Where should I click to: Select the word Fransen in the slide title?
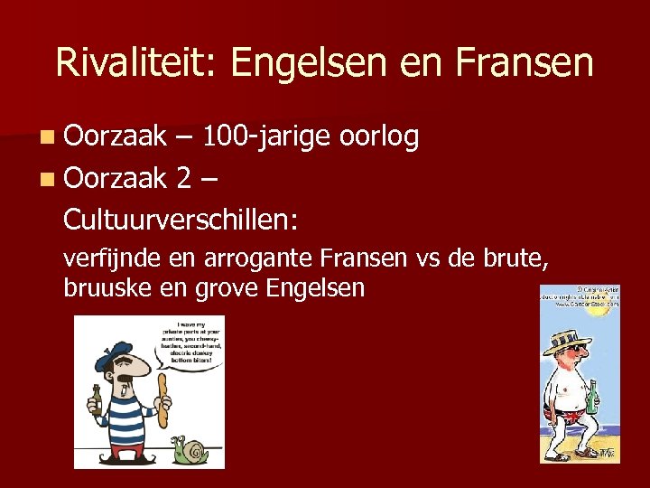525,64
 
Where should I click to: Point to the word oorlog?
380,136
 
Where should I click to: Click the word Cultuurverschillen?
181,220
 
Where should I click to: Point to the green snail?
191,448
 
